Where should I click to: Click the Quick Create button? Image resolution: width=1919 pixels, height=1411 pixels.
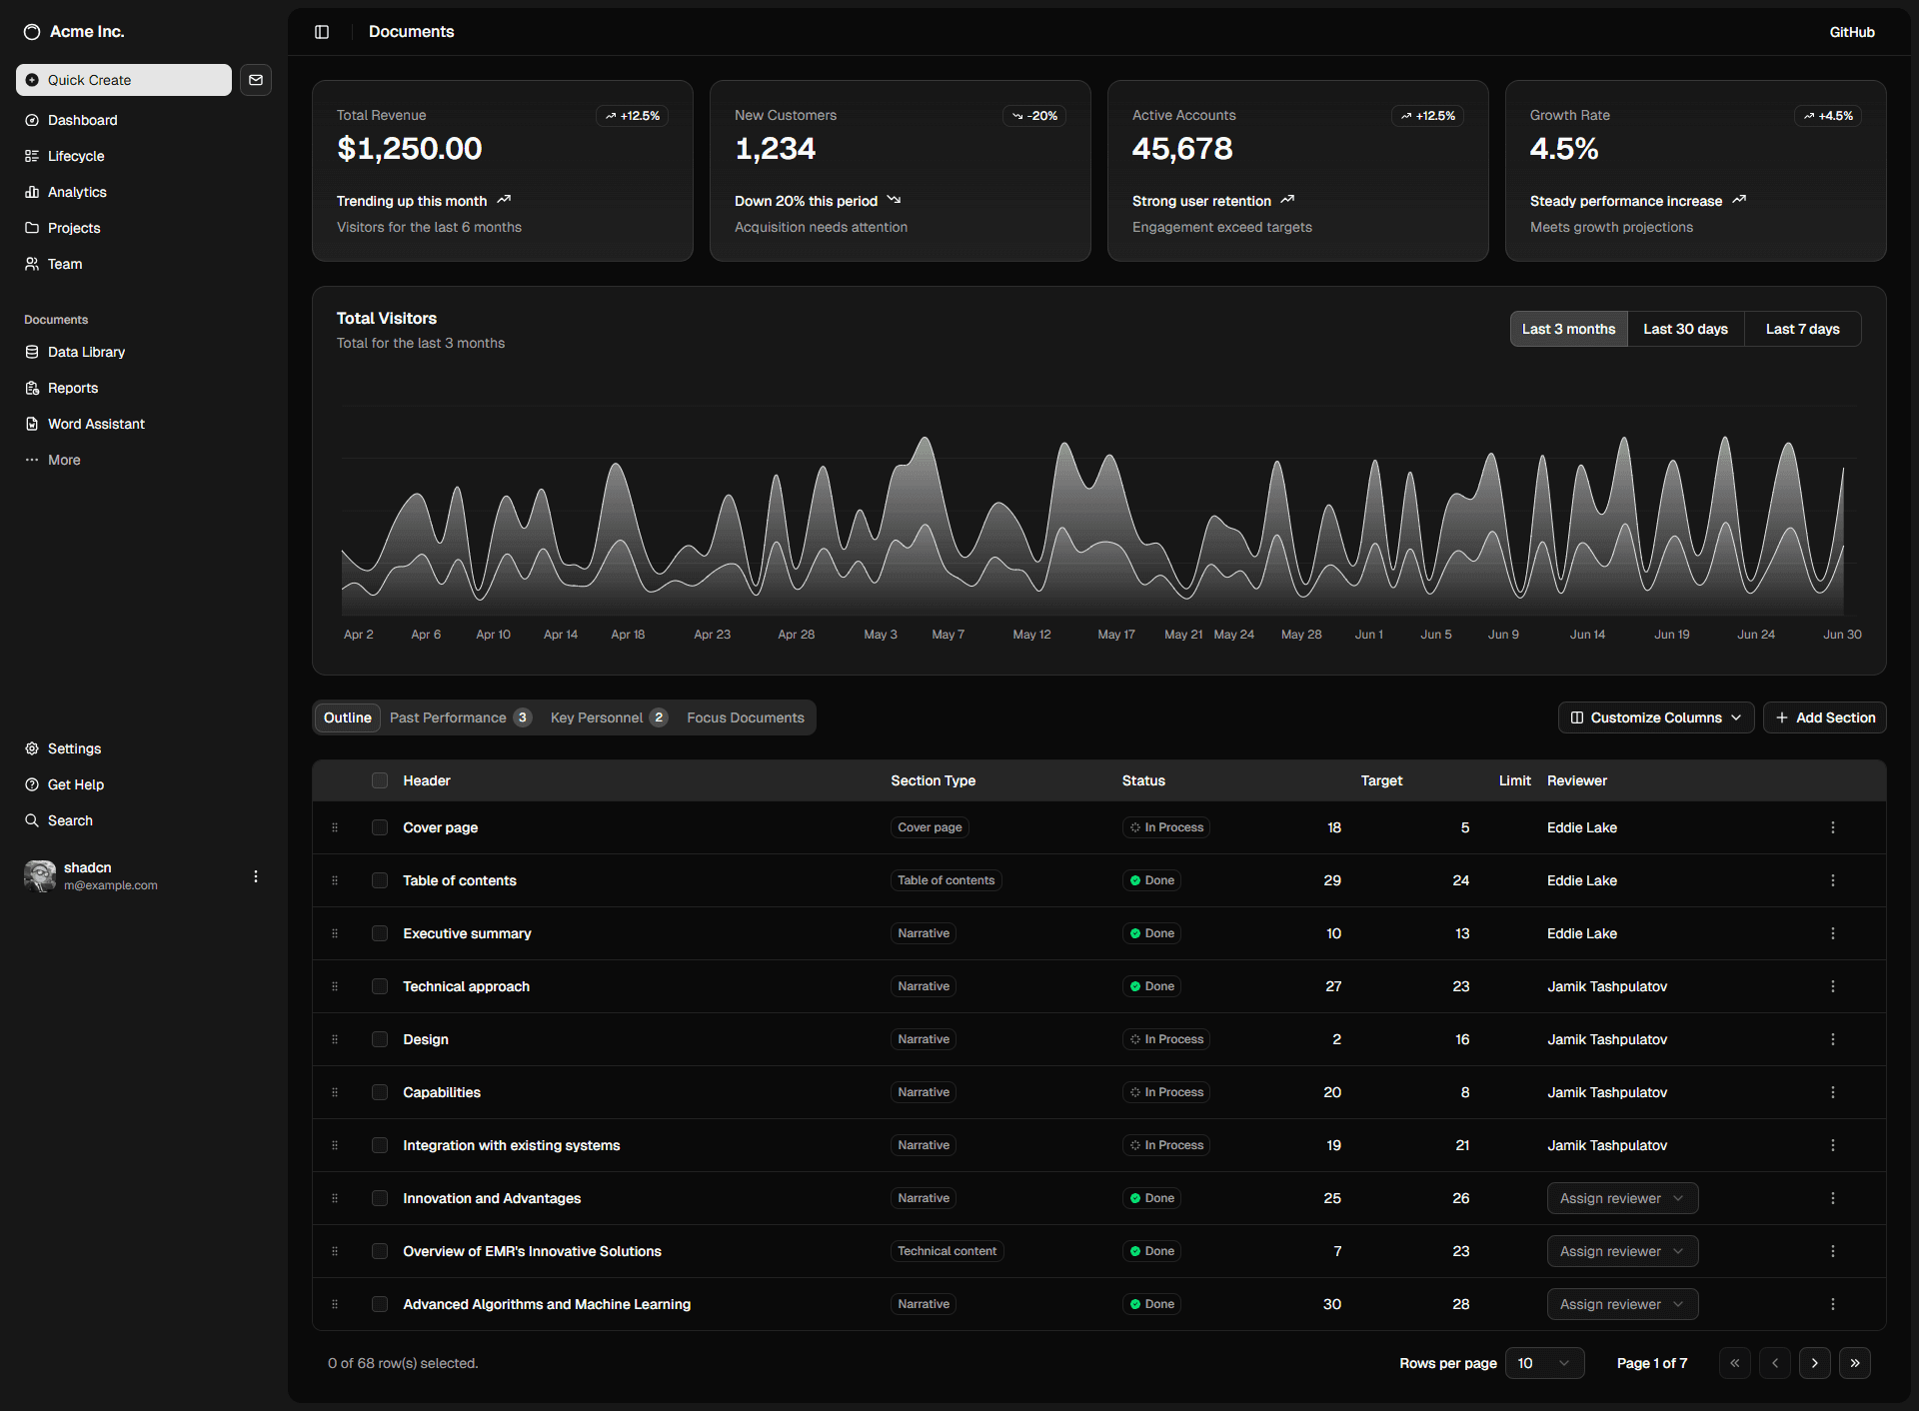pyautogui.click(x=123, y=80)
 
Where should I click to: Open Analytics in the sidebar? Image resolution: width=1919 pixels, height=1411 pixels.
pyautogui.click(x=77, y=192)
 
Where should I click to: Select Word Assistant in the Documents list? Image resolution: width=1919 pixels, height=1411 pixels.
pyautogui.click(x=96, y=424)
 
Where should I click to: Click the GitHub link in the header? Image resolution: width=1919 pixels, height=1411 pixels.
pyautogui.click(x=1851, y=32)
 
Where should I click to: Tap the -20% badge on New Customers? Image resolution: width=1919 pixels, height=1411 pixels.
pyautogui.click(x=1034, y=116)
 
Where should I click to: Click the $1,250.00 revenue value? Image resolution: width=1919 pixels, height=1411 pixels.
pyautogui.click(x=409, y=149)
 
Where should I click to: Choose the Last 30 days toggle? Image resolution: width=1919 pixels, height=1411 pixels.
pyautogui.click(x=1685, y=329)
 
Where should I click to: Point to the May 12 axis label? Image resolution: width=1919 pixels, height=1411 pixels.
pyautogui.click(x=1031, y=635)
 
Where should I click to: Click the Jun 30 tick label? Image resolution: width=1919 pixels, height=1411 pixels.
pyautogui.click(x=1841, y=635)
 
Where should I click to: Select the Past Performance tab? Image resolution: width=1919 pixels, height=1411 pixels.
pyautogui.click(x=459, y=717)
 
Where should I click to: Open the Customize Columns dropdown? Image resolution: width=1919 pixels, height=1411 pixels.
pyautogui.click(x=1655, y=717)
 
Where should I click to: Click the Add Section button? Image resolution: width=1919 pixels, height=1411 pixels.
pyautogui.click(x=1824, y=717)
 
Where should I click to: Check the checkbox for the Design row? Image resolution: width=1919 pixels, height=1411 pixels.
pyautogui.click(x=380, y=1039)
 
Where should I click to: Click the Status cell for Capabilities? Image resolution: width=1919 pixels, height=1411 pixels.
pyautogui.click(x=1165, y=1092)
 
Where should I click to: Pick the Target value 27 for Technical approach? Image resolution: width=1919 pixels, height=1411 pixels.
pyautogui.click(x=1333, y=986)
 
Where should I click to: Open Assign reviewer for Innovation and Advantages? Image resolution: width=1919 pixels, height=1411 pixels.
pyautogui.click(x=1621, y=1198)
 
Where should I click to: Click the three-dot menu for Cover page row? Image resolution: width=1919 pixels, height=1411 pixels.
pyautogui.click(x=1832, y=827)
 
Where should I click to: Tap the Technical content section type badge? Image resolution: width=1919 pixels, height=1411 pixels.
pyautogui.click(x=946, y=1251)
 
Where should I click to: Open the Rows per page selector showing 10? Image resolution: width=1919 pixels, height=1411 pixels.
pyautogui.click(x=1543, y=1363)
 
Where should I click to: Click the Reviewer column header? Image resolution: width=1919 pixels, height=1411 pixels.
pyautogui.click(x=1576, y=780)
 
